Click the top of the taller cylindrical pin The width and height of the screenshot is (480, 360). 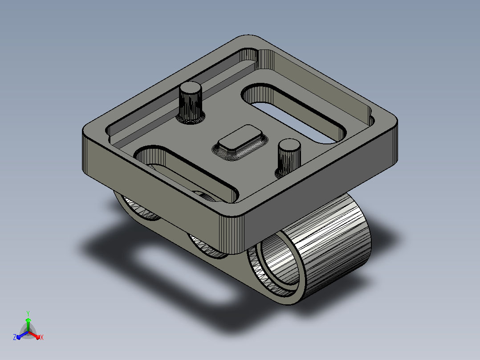point(191,88)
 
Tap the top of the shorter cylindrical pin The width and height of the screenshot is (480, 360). point(289,145)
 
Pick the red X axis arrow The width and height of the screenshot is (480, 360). point(34,335)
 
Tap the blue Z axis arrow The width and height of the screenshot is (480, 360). point(22,335)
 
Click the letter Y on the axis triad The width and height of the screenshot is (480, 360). point(28,314)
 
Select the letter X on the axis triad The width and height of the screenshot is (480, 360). point(42,337)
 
